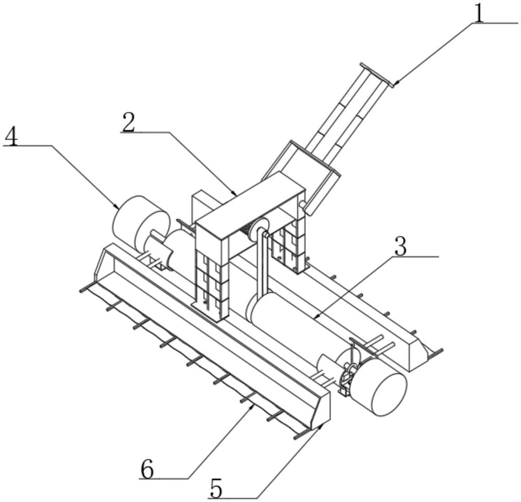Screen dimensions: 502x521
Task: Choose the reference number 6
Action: click(x=147, y=470)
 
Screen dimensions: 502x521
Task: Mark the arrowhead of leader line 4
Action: click(x=119, y=207)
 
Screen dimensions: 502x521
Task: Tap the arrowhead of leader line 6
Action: click(x=254, y=405)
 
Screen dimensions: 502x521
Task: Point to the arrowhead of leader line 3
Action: click(x=315, y=317)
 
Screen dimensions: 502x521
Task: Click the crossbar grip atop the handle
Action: click(x=376, y=75)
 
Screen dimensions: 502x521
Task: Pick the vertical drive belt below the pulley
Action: click(x=264, y=266)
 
